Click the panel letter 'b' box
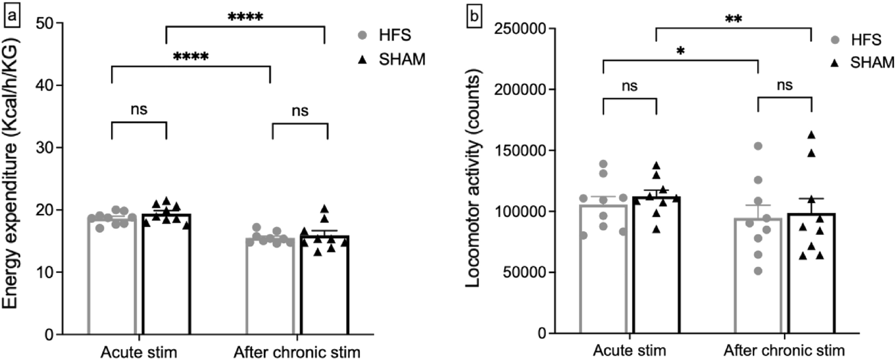tap(474, 17)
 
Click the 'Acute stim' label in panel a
tap(139, 352)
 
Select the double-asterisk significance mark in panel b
tap(733, 19)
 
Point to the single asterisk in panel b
tap(680, 51)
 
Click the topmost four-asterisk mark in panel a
tap(245, 17)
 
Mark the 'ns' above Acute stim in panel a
tap(139, 109)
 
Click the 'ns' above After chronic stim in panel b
tap(784, 85)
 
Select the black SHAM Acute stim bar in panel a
tap(166, 277)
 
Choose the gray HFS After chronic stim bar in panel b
tap(758, 277)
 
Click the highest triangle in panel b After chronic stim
tap(812, 135)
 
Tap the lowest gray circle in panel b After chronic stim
tap(758, 271)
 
